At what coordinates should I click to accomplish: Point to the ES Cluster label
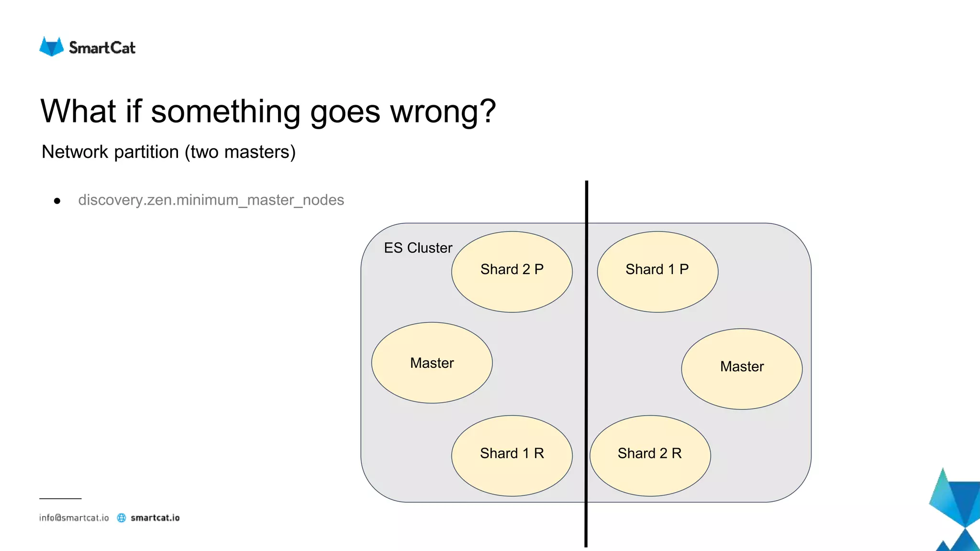[x=418, y=248]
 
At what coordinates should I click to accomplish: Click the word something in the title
[x=225, y=111]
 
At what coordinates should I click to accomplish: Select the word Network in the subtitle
[x=75, y=152]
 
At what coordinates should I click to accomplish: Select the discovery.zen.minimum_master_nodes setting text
[x=211, y=200]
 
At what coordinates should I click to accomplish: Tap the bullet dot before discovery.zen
[x=57, y=201]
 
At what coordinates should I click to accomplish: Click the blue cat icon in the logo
[x=51, y=46]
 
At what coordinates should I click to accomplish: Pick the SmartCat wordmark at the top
[x=102, y=48]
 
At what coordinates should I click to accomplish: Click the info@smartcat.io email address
[x=74, y=518]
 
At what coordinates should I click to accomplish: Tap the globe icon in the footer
[x=122, y=518]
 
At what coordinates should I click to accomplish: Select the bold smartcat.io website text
[x=155, y=518]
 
